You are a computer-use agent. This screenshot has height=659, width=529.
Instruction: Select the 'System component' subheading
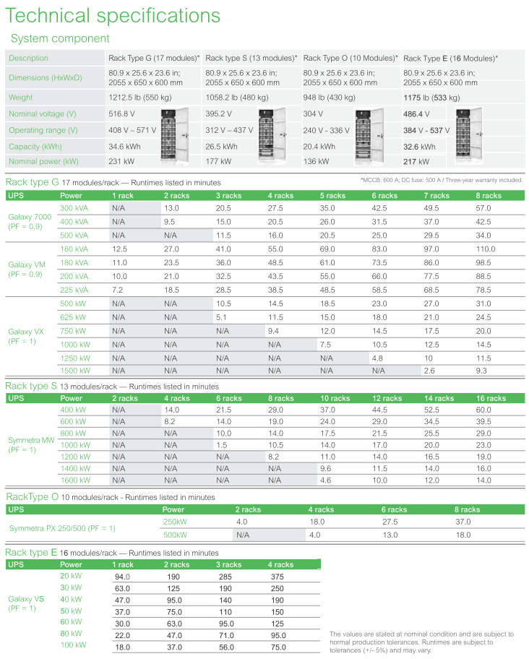click(61, 38)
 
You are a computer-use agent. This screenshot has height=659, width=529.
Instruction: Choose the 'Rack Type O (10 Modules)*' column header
click(350, 58)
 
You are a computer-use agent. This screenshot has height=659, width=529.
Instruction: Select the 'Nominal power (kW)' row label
click(44, 162)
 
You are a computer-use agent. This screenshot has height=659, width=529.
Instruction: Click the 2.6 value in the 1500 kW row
click(429, 371)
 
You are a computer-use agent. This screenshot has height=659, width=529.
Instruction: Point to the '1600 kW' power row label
click(75, 480)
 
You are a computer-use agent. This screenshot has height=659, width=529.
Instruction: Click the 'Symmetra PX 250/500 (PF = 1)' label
click(62, 528)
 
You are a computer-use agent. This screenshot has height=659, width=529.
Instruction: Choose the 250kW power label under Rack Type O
click(175, 522)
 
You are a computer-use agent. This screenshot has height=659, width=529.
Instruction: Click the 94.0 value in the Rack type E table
click(122, 577)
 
